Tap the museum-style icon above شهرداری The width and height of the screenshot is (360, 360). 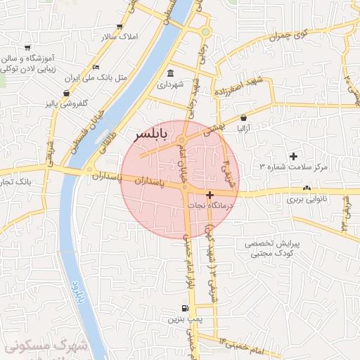tap(171, 73)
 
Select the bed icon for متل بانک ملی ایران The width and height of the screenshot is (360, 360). tap(96, 67)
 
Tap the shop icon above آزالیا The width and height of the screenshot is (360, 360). tap(243, 117)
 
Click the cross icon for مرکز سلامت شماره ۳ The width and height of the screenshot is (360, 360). tap(293, 155)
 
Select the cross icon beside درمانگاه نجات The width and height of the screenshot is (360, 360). tap(210, 194)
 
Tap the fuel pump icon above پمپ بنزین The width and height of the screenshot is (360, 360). tap(184, 308)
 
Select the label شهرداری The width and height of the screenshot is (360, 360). tap(170, 84)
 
